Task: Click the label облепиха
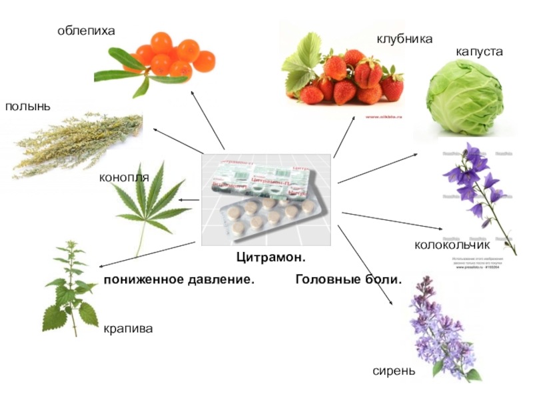pos(86,31)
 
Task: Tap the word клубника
pos(404,39)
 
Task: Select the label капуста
pos(479,51)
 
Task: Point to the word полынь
pos(28,107)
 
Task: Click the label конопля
pos(124,178)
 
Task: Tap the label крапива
pos(128,329)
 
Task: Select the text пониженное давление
pos(179,279)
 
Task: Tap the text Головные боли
pos(348,279)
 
